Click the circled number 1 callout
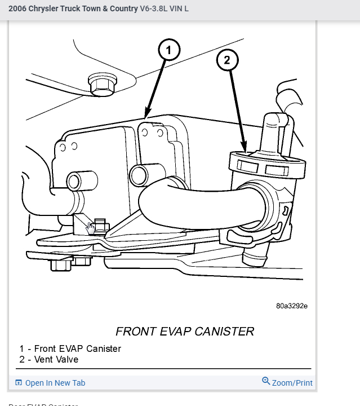(x=168, y=50)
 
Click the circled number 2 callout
(x=227, y=60)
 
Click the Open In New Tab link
(x=55, y=383)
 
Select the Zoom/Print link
(x=292, y=383)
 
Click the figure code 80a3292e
(x=292, y=306)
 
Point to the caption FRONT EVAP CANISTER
(x=185, y=331)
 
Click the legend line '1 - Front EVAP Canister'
(x=70, y=348)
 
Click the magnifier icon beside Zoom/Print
(x=266, y=381)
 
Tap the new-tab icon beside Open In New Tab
(x=19, y=383)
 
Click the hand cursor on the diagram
(x=91, y=227)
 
